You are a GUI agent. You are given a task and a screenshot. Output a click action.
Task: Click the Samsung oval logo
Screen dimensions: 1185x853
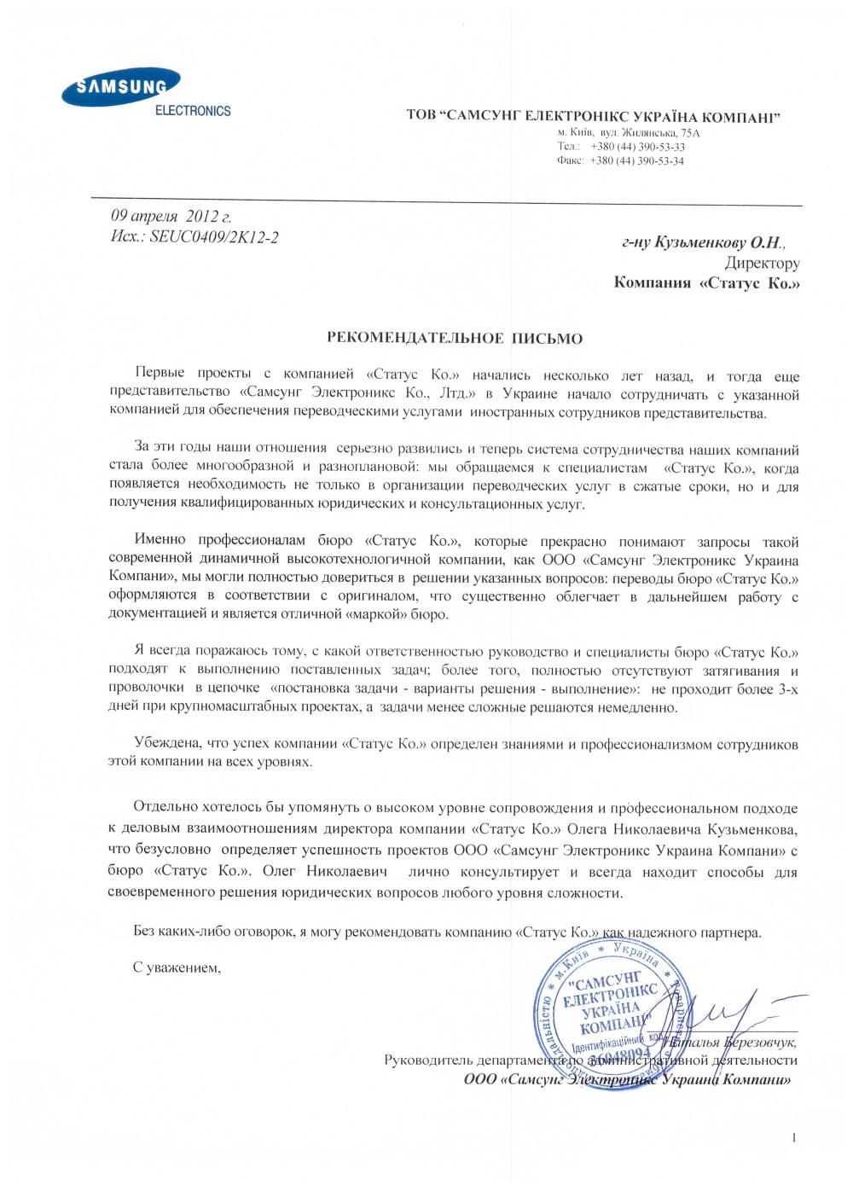120,87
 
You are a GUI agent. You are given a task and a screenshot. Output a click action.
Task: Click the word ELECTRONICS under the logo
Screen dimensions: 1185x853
193,111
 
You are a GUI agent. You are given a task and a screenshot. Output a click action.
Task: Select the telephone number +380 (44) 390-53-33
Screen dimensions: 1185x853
637,147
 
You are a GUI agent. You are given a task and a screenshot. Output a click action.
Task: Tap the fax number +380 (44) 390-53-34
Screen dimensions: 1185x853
636,160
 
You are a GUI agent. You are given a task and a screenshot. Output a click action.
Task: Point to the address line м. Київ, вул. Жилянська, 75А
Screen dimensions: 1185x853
629,133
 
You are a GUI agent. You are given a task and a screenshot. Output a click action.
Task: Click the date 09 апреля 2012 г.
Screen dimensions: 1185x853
171,217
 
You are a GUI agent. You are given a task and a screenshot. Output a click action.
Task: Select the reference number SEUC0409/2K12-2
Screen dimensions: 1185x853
213,237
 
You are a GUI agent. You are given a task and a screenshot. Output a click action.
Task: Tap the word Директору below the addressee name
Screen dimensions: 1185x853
762,264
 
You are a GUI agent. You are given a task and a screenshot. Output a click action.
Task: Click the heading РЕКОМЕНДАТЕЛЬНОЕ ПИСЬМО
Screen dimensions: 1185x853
455,339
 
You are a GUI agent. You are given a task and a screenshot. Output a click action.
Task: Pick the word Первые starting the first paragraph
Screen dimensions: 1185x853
160,374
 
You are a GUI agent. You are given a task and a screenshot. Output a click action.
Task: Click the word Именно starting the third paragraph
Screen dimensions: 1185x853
160,540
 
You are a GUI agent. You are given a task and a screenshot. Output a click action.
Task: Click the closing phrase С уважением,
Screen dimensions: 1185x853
177,967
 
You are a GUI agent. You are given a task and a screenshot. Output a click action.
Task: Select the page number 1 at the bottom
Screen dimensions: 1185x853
794,1137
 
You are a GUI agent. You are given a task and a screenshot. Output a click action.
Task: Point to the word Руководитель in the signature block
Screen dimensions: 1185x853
427,1060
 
